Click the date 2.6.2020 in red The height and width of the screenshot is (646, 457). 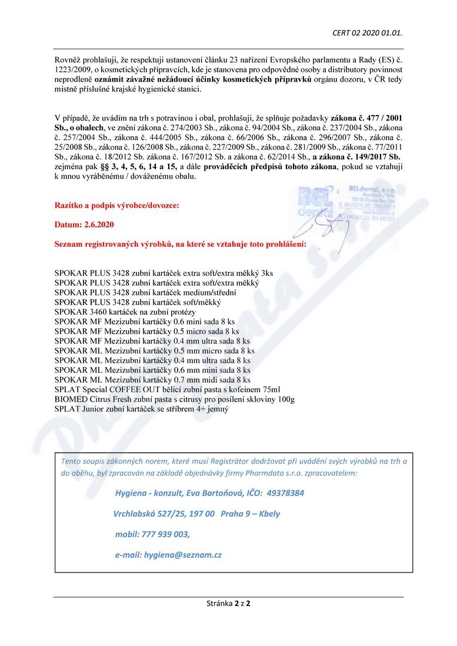84,224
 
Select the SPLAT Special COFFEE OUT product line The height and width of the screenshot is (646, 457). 167,389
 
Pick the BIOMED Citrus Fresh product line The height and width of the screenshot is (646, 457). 174,399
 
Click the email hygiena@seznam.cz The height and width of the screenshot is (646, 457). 168,554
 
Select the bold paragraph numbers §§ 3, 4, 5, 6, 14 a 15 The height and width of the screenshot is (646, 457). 134,167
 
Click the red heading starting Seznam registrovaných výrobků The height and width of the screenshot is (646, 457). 179,243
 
